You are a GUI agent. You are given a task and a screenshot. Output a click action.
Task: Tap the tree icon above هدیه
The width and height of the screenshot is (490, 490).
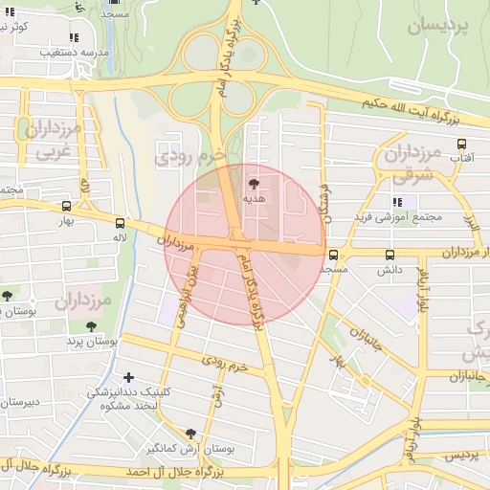(254, 183)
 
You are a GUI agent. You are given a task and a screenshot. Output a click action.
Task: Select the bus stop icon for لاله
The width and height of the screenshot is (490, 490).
(119, 220)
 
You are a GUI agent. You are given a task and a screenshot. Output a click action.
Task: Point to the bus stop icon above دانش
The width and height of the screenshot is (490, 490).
(389, 256)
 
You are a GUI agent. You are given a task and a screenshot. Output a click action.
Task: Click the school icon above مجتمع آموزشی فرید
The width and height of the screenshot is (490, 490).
(398, 202)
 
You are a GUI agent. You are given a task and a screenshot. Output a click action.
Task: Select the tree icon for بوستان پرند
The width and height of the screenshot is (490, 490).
(90, 325)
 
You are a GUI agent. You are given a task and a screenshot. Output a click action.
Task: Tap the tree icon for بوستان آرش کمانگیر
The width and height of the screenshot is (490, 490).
(190, 434)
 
